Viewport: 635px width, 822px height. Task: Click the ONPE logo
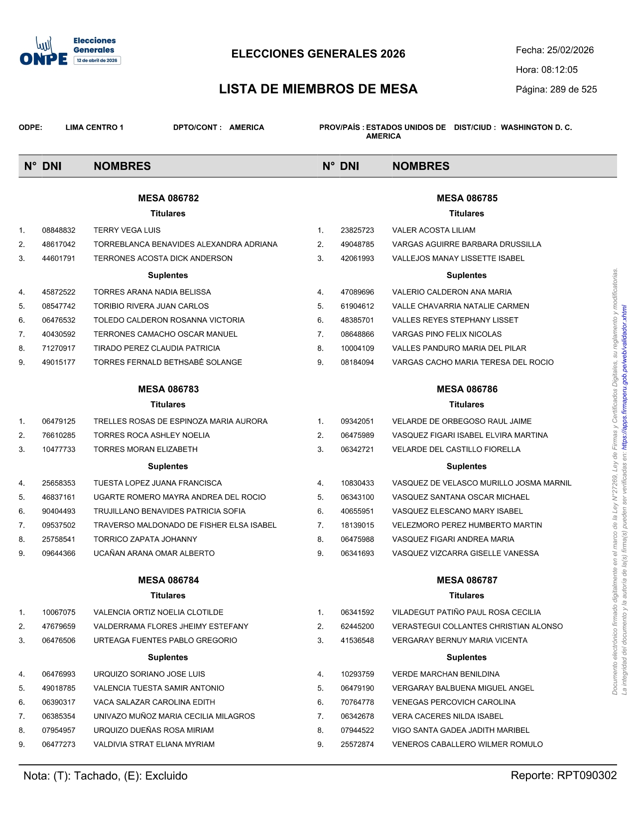coord(70,51)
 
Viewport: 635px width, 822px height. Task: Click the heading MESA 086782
coord(168,198)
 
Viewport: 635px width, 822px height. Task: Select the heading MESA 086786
coord(467,389)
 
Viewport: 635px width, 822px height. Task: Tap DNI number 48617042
coord(59,245)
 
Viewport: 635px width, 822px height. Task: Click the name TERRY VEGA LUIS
coord(127,230)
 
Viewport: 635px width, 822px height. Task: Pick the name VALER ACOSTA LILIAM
coord(433,230)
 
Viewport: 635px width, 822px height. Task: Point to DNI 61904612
coord(357,306)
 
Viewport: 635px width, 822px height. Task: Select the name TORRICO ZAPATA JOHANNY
coord(145,540)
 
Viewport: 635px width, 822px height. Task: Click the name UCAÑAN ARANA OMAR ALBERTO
coord(154,553)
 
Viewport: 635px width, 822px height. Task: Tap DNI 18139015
coord(357,526)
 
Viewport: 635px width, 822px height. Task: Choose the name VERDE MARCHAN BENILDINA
coord(445,675)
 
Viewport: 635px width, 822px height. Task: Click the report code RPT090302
coord(587,776)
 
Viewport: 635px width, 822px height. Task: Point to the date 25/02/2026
coord(570,50)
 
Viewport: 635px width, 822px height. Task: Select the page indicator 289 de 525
coord(573,90)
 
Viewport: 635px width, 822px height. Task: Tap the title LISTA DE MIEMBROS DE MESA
coord(318,89)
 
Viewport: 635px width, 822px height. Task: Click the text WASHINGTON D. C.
coord(536,128)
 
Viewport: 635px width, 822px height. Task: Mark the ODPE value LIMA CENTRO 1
coord(94,128)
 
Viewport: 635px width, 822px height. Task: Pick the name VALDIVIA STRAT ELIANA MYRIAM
coord(154,744)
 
